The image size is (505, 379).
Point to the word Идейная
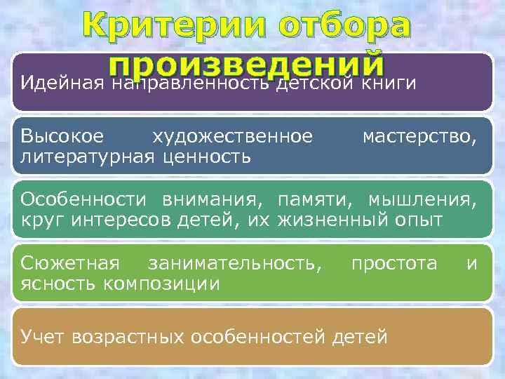click(x=62, y=84)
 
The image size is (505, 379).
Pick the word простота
click(x=394, y=264)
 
